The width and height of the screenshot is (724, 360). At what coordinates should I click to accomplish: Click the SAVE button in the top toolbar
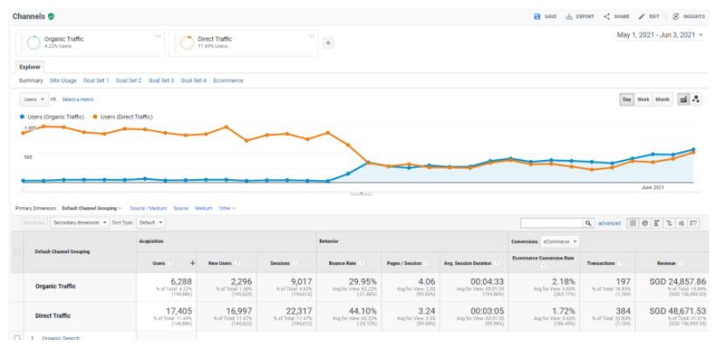(x=545, y=16)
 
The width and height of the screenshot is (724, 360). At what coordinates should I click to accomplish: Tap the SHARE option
(x=617, y=16)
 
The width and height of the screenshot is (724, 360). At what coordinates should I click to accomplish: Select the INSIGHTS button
(x=689, y=16)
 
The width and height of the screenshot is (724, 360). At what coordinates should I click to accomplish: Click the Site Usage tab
(x=63, y=80)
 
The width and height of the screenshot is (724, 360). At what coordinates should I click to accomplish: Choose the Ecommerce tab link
(x=228, y=80)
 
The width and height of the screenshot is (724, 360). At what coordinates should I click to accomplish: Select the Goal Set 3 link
(x=161, y=80)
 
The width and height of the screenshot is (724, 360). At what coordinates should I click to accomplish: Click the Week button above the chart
(x=643, y=100)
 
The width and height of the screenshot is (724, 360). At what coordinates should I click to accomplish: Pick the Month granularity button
(x=663, y=100)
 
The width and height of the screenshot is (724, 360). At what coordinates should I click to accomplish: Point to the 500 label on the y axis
(x=28, y=157)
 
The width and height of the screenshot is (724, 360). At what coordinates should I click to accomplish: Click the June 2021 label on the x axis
(x=652, y=187)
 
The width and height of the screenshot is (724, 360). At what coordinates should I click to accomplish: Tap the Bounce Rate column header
(x=343, y=262)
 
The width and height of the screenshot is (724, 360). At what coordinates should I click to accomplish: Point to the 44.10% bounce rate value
(x=347, y=311)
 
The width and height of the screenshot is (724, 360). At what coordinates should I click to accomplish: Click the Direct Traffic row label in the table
(x=53, y=315)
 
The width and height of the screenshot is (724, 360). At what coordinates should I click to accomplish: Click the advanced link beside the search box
(x=609, y=223)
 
